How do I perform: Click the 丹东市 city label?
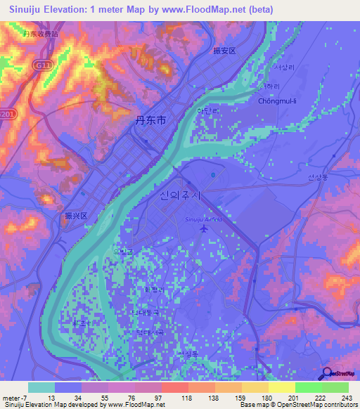(x=150, y=120)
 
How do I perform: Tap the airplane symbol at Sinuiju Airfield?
(x=204, y=229)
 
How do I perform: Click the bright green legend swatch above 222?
(x=309, y=387)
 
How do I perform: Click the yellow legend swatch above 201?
(x=282, y=387)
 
